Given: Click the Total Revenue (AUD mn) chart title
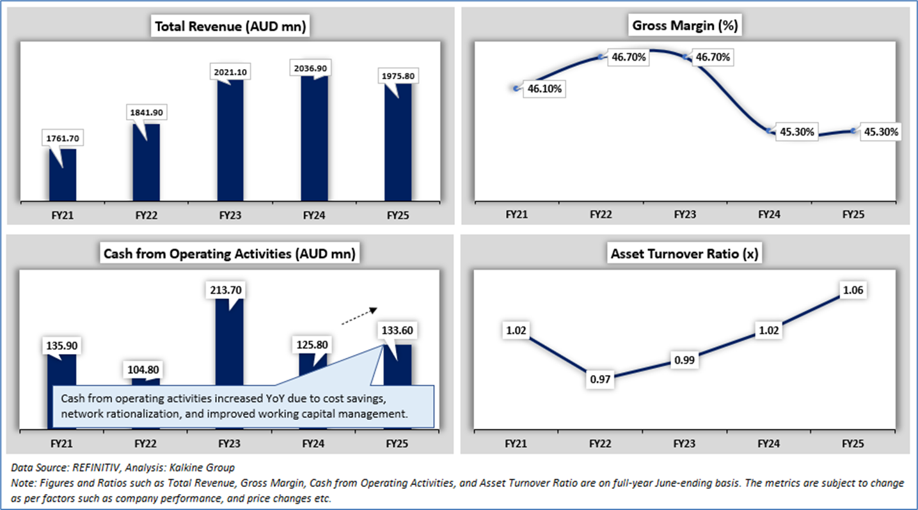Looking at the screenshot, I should click(230, 27).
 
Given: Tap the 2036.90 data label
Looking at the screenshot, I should click(314, 68).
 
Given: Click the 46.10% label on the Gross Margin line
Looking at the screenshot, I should click(544, 89).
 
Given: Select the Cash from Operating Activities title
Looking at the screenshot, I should click(230, 254).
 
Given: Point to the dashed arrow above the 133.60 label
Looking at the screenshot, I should click(357, 316).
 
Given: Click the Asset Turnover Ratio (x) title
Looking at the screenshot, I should click(685, 254).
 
